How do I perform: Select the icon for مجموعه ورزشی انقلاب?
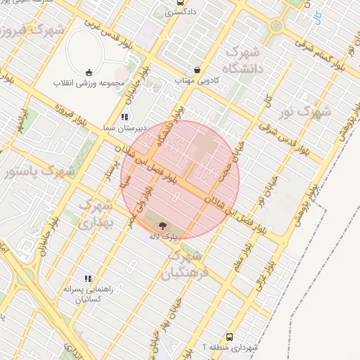point(89,72)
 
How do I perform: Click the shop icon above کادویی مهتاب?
point(198,70)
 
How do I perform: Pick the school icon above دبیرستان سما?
point(124,117)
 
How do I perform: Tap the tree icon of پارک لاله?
point(163,226)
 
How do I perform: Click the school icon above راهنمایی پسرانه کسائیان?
point(88,278)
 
